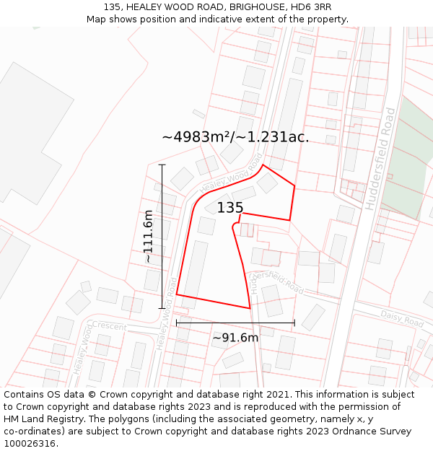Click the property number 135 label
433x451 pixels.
(230, 208)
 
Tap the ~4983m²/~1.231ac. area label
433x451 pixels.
(235, 137)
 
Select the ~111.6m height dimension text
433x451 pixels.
(148, 236)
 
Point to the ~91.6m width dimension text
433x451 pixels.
(235, 338)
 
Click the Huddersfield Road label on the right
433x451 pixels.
(380, 159)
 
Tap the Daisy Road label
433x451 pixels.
(401, 318)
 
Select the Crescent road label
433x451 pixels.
(109, 326)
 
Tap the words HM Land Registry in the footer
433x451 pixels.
(45, 419)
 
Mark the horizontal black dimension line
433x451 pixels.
(235, 323)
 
